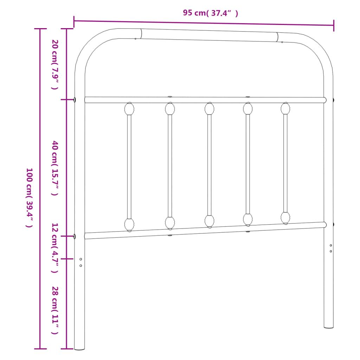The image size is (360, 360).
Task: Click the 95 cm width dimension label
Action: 210,13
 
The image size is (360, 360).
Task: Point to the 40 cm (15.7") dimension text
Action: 55,168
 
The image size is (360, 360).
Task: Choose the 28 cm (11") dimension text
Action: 55,310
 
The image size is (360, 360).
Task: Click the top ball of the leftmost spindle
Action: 129,109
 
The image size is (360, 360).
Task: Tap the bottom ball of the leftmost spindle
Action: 129,224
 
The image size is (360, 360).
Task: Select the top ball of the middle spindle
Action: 210,109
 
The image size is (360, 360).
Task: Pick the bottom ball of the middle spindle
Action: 210,221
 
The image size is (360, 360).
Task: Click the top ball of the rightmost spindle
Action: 285,108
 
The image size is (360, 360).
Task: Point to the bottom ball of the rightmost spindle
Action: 285,218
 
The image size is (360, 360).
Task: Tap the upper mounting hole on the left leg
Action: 81,259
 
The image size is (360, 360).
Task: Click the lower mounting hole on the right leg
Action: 331,251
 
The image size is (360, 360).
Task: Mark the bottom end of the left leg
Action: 79,349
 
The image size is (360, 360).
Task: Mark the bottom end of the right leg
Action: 329,327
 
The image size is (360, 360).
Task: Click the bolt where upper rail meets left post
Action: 75,100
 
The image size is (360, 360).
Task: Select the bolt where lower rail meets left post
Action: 75,236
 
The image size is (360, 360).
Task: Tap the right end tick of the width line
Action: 334,25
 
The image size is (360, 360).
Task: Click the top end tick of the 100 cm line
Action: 40,29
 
